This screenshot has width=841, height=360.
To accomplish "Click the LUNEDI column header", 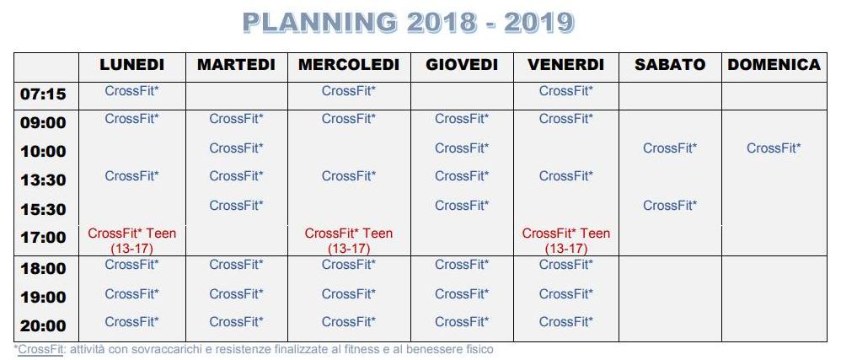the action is coord(132,65).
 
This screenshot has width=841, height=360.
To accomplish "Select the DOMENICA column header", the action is coord(774,65).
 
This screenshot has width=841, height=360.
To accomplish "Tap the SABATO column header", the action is coord(670,65).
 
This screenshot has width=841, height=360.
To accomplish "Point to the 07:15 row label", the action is coord(43,94).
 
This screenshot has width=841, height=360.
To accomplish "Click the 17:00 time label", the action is coord(43,237).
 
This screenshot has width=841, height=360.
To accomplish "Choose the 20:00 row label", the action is coord(43,325).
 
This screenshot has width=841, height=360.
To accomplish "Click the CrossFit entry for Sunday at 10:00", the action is coord(774,148).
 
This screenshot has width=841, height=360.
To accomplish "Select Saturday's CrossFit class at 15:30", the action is coord(670,206).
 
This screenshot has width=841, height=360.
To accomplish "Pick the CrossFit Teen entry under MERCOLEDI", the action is coord(349,241).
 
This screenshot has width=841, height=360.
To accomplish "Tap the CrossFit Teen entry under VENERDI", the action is coord(565,241).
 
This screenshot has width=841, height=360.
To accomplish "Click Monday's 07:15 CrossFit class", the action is coord(132,91).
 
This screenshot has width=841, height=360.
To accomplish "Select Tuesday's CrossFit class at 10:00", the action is coord(237,148).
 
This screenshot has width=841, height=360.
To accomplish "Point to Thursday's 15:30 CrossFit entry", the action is coord(462,206).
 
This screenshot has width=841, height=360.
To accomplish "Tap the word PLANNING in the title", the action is coord(320,23).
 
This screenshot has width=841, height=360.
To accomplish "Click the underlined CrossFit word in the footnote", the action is coord(40,350).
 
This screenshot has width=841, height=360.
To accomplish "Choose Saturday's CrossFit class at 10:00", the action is coord(670,148).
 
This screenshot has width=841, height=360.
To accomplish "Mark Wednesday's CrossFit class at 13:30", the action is coord(349,176).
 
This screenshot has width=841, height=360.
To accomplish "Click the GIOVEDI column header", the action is coord(462,65).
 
